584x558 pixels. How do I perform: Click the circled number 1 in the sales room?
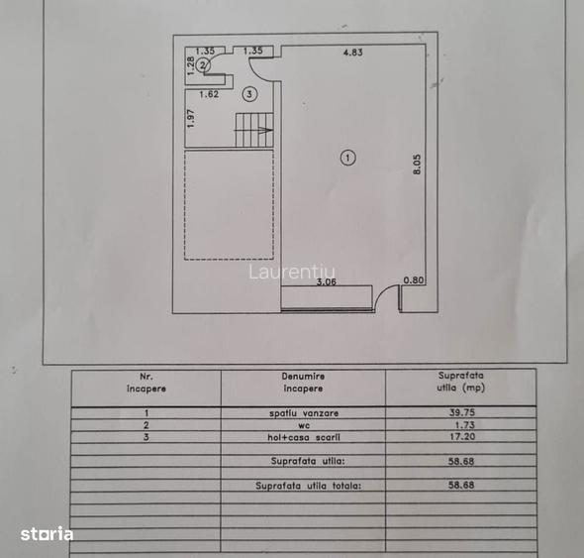tap(347, 158)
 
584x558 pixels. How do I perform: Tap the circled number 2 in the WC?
tap(203, 65)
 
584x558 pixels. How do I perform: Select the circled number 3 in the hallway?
tap(249, 94)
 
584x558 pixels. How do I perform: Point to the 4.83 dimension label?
tap(352, 53)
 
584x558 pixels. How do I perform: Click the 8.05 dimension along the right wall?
tap(417, 165)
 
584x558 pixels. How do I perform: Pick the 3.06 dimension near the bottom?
tap(327, 281)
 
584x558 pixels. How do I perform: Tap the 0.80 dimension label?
tap(414, 280)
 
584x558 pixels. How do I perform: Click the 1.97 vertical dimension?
tap(191, 118)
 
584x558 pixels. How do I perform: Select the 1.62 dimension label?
tap(209, 94)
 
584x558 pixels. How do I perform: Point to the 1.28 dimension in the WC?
tap(190, 65)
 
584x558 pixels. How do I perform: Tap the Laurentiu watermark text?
tap(292, 272)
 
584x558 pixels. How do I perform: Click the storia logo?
tap(47, 534)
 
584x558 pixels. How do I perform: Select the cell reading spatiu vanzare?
tap(304, 413)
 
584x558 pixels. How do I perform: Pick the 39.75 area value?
tap(462, 412)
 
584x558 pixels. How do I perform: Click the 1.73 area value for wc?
tap(465, 425)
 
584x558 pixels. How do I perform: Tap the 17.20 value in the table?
tap(462, 436)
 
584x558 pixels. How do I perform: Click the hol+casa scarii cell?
tap(304, 437)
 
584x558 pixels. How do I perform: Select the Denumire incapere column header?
tap(303, 383)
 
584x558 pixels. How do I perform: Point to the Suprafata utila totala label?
tap(309, 486)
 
